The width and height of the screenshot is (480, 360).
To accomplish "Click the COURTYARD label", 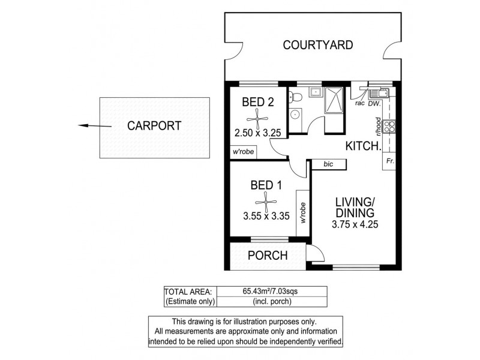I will coord(317,44).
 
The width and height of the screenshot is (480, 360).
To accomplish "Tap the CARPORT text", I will coord(154,126).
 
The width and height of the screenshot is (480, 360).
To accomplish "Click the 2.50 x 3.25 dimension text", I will coord(258,133).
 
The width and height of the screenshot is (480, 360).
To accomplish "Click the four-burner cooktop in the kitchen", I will coord(389,126).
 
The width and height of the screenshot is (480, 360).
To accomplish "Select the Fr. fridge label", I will coord(390,161).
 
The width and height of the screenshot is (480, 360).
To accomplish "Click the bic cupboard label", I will coord(328,163).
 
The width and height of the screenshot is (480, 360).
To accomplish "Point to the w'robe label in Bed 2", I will coord(241,152).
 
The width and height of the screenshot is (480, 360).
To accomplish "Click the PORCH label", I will coord(268,255).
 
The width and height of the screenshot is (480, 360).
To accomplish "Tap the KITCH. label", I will coord(363,146).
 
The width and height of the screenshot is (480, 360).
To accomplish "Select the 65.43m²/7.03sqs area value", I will coord(272,291).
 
